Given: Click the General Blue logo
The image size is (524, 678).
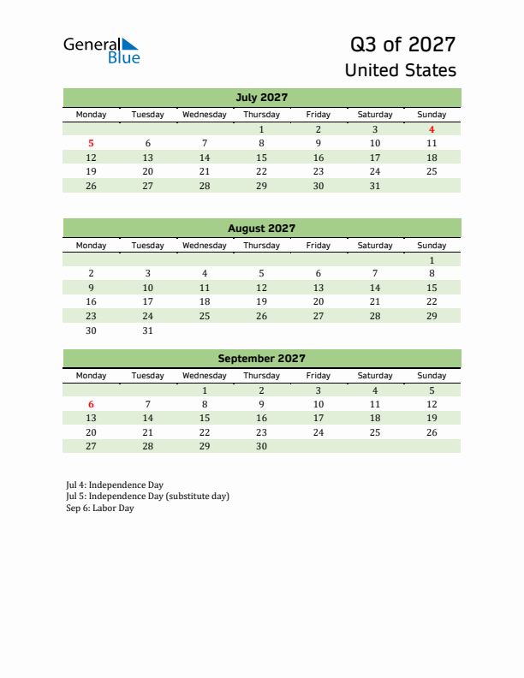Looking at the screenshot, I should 101,50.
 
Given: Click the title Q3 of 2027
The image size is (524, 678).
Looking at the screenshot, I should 402,45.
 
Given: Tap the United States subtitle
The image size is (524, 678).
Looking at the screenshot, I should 400,70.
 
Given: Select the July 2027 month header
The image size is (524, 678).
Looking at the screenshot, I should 261,97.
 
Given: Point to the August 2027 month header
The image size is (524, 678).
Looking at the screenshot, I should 261,228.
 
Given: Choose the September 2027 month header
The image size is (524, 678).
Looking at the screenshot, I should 261,359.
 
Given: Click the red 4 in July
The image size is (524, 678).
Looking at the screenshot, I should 432,129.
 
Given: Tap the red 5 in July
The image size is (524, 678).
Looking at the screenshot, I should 92,144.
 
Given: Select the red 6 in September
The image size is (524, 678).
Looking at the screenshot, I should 92,404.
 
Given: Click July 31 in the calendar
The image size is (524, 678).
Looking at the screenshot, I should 374,186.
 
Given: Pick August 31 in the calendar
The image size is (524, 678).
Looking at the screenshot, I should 148,330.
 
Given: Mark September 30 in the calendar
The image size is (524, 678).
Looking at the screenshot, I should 261,446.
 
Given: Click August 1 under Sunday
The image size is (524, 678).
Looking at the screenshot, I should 432,259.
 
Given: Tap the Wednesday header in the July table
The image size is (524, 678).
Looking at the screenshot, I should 205,115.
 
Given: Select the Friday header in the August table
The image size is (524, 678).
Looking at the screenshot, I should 318,246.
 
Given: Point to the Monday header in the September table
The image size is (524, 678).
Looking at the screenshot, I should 92,376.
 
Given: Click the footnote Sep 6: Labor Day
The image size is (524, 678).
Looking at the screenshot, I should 100,508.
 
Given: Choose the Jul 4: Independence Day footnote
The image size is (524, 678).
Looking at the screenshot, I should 115,485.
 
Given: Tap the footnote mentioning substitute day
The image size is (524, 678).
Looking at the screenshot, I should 147,497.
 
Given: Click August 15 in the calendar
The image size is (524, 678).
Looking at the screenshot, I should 432,288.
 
